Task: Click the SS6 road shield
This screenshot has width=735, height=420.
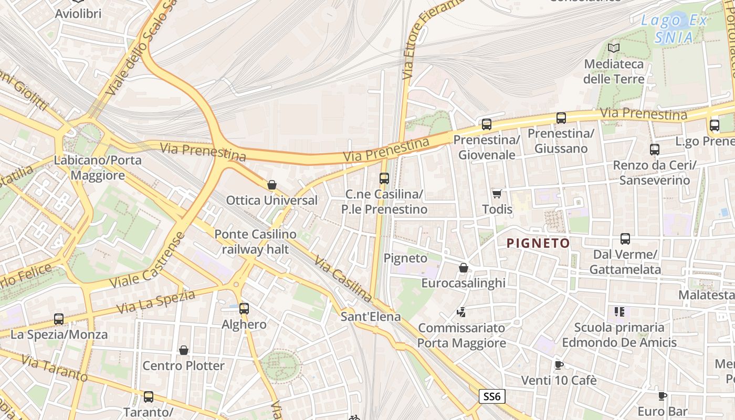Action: [491, 396]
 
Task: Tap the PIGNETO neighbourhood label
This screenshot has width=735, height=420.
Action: [538, 243]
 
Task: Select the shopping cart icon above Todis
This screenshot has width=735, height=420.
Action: [497, 194]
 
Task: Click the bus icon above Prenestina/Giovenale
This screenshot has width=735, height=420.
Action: [487, 124]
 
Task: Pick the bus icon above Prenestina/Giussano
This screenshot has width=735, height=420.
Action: [561, 118]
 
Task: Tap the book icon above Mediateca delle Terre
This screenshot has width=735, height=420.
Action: [613, 48]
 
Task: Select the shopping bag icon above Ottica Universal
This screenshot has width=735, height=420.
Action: [272, 185]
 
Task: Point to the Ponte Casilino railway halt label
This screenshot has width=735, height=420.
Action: [255, 241]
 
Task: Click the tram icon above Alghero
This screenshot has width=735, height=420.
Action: [244, 309]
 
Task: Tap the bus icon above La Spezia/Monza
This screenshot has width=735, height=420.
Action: [59, 319]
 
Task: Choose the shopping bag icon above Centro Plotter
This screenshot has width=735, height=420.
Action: [184, 350]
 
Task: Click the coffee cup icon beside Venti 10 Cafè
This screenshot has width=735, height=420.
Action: [559, 365]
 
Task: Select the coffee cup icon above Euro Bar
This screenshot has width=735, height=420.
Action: [663, 396]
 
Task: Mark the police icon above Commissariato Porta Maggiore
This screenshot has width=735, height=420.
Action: [461, 312]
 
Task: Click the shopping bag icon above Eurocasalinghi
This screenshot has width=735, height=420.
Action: [463, 268]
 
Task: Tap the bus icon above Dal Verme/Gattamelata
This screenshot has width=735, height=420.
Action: [625, 239]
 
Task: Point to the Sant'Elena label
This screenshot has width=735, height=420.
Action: [370, 317]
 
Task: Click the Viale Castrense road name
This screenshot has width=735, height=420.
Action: [148, 261]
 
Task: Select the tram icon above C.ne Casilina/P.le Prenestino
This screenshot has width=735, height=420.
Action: [384, 178]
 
